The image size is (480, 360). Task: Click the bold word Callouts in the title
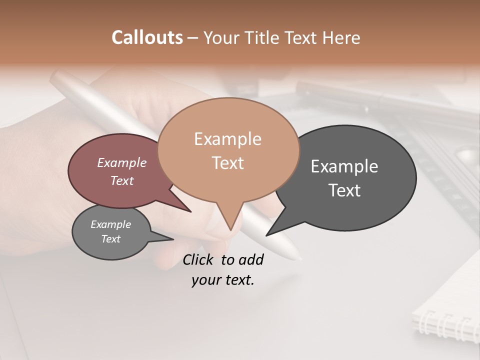(x=147, y=37)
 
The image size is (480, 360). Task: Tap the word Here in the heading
(x=342, y=37)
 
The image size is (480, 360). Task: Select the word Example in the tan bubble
(x=227, y=139)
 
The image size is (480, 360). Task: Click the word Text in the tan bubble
(x=227, y=163)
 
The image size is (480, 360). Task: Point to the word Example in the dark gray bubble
(x=344, y=166)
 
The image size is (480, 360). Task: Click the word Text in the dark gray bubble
(x=344, y=190)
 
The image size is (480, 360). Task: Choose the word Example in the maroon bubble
(x=122, y=162)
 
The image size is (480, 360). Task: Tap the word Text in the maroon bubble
(x=122, y=180)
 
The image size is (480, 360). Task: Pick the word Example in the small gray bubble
(x=110, y=224)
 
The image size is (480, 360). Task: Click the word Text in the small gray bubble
(x=110, y=239)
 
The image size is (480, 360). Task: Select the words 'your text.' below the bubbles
(x=223, y=280)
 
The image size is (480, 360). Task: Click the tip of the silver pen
(x=299, y=258)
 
